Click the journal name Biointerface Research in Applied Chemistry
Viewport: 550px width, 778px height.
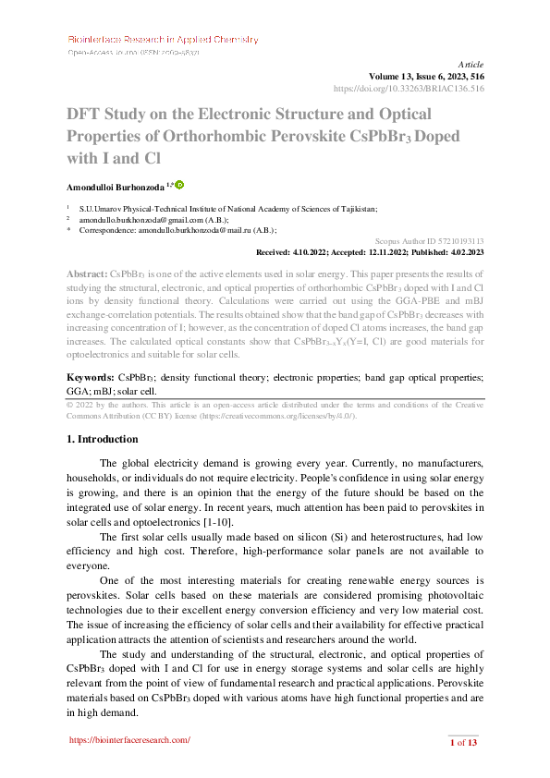[x=163, y=40]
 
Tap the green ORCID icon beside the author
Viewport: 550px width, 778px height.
[x=179, y=186]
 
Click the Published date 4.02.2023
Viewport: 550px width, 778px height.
[x=460, y=251]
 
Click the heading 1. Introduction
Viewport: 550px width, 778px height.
[x=103, y=439]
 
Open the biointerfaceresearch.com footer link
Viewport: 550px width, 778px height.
[x=130, y=740]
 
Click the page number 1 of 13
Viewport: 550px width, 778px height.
[x=462, y=743]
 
